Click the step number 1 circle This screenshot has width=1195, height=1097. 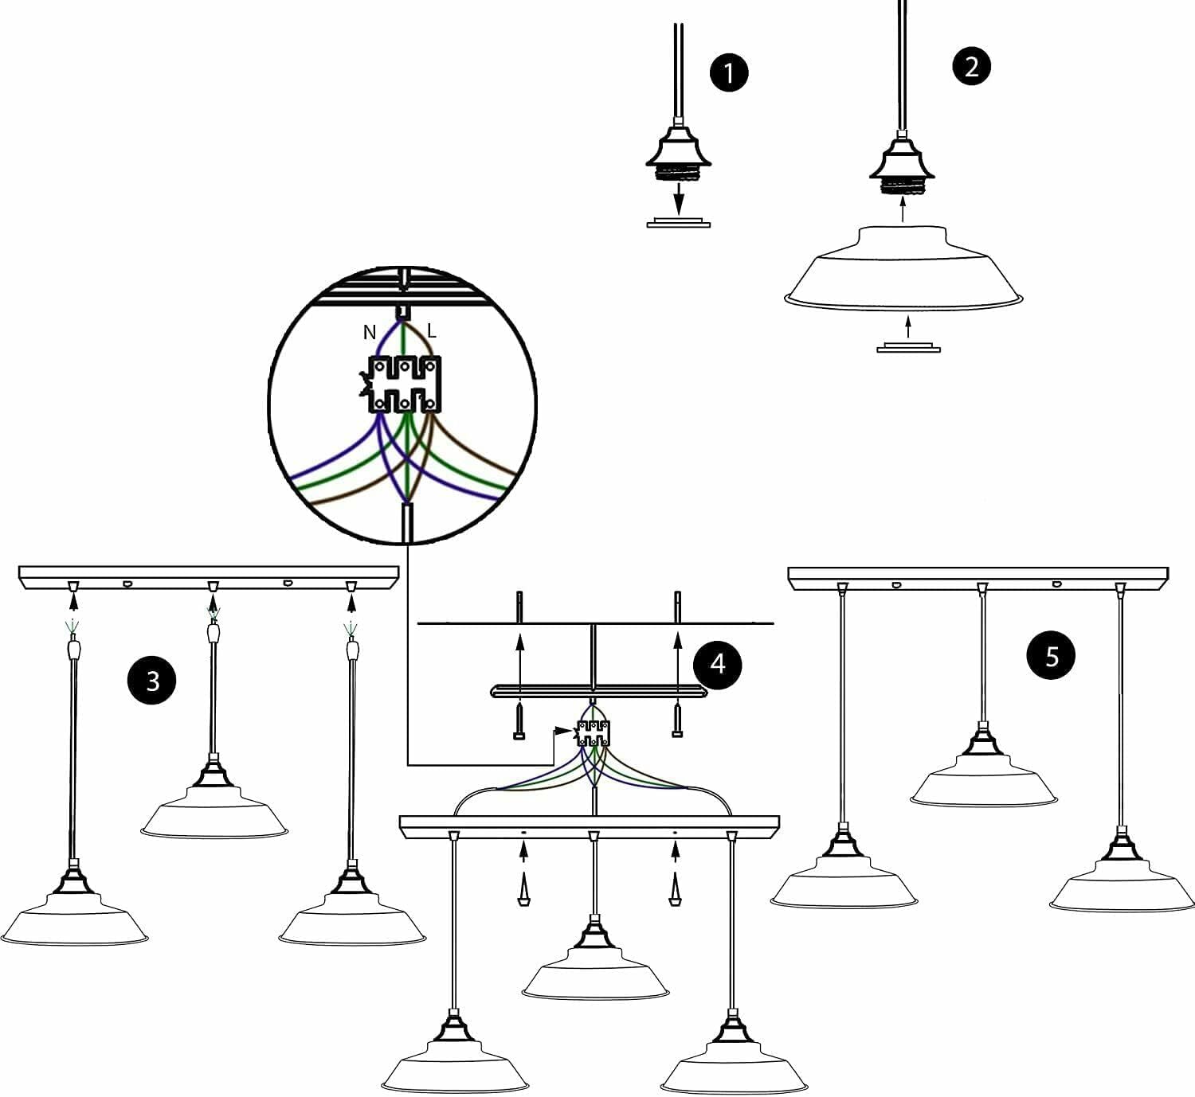coord(729,72)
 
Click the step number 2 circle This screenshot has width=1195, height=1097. coord(971,66)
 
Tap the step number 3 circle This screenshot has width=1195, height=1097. coord(153,681)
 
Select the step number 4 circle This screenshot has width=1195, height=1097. coord(718,663)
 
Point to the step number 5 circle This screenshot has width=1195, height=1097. coord(1052,657)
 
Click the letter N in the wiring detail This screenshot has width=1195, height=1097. coord(370,333)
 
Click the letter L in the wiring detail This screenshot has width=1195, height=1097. coord(432,330)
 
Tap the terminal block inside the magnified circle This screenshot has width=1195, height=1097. coord(404,384)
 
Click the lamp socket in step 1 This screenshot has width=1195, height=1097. coord(677,153)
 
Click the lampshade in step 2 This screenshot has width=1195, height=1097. coord(903,267)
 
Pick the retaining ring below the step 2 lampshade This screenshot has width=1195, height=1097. coord(908,348)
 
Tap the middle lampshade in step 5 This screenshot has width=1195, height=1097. coord(984,784)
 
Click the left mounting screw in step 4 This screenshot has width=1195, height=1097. coord(519,720)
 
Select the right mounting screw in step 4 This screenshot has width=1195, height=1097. coord(677,720)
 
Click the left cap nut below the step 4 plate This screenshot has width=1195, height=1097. coord(523,891)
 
